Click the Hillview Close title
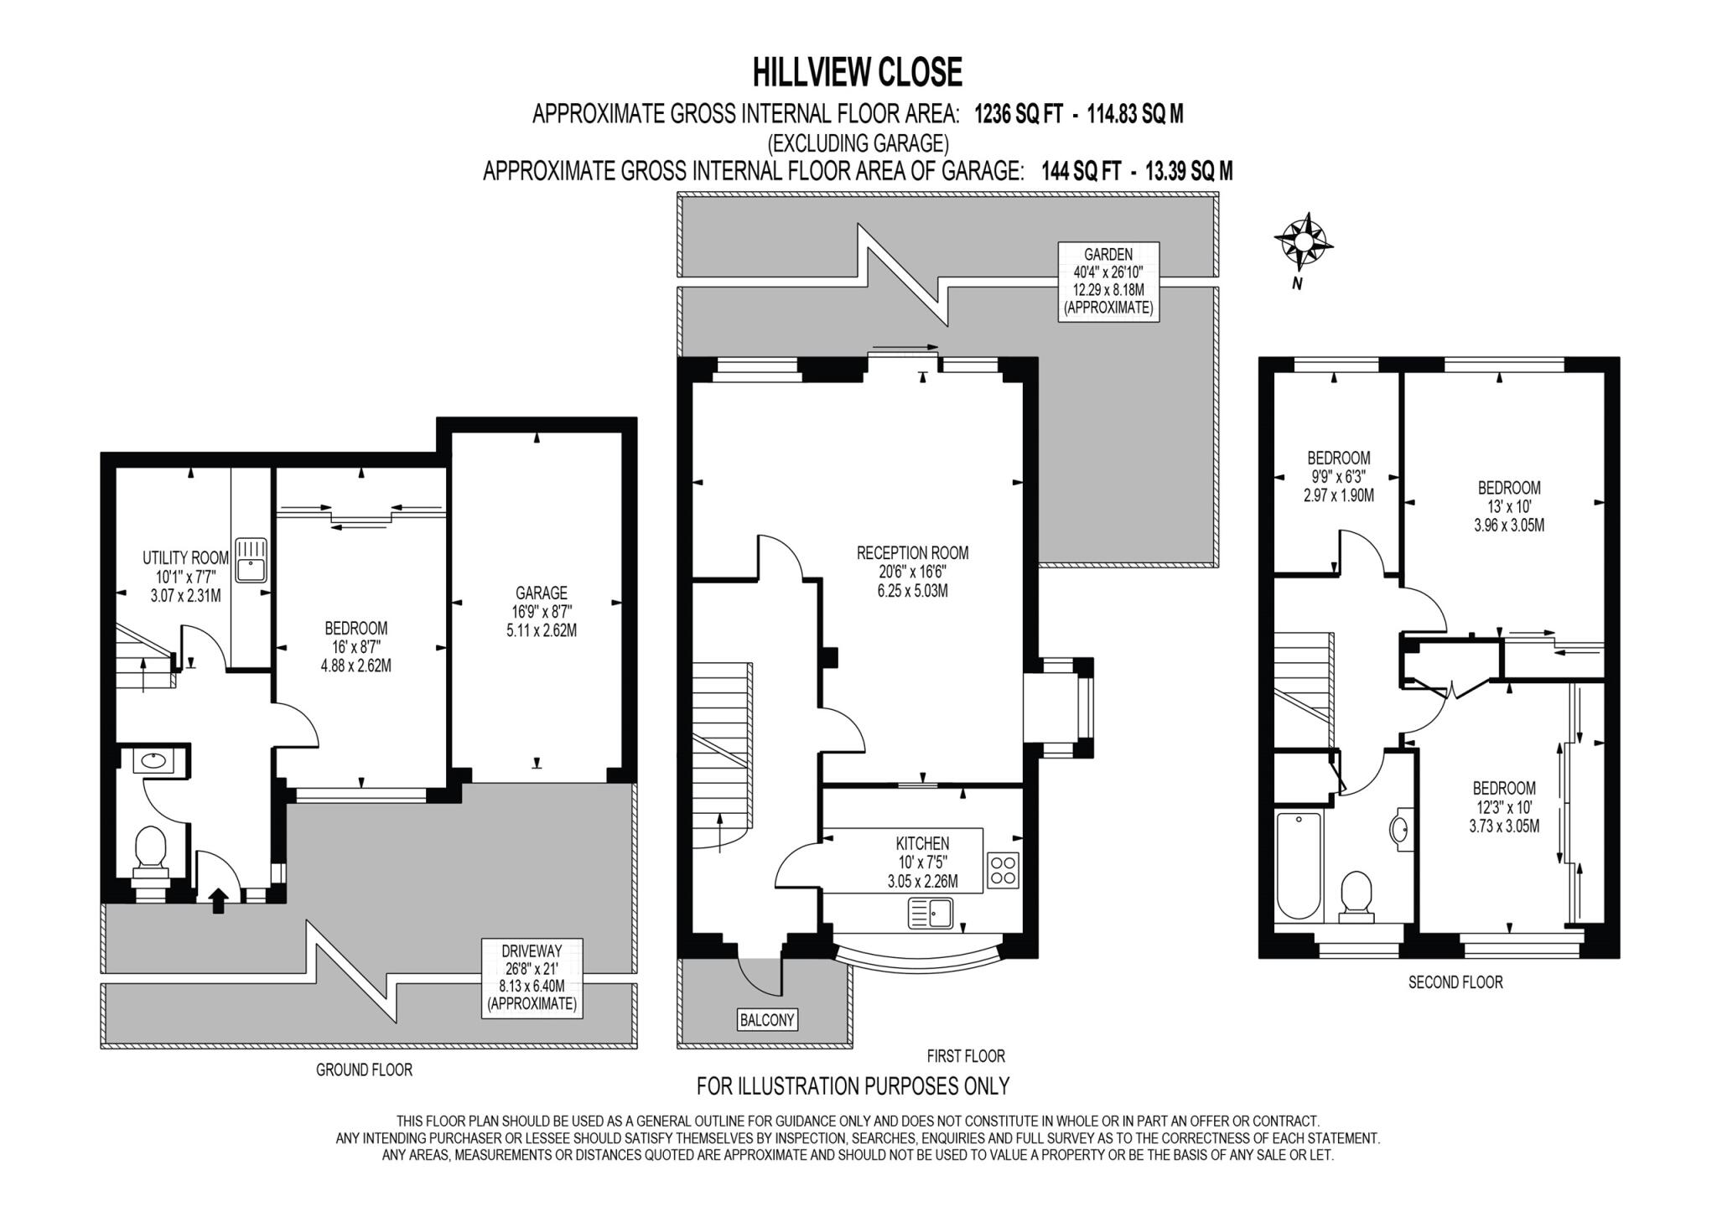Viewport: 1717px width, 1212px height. click(x=857, y=72)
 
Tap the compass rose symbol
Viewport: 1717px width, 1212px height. click(x=1304, y=241)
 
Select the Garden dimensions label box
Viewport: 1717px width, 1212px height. click(x=1108, y=281)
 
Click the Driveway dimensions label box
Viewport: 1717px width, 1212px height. click(x=532, y=978)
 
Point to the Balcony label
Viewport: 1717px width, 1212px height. click(x=767, y=1019)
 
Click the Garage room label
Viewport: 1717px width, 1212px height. click(x=542, y=611)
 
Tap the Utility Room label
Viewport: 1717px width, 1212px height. click(x=185, y=576)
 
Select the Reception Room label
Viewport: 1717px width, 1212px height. click(x=912, y=572)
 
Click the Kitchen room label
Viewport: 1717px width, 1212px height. click(x=922, y=862)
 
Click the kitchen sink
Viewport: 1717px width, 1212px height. click(x=931, y=913)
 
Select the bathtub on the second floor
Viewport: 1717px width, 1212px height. click(x=1298, y=867)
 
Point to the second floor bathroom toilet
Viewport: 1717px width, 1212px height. click(x=1356, y=897)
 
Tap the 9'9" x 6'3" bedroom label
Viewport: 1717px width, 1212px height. click(x=1338, y=476)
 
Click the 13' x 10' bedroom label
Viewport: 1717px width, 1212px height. click(x=1509, y=506)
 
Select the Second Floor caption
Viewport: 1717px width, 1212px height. click(x=1455, y=982)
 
